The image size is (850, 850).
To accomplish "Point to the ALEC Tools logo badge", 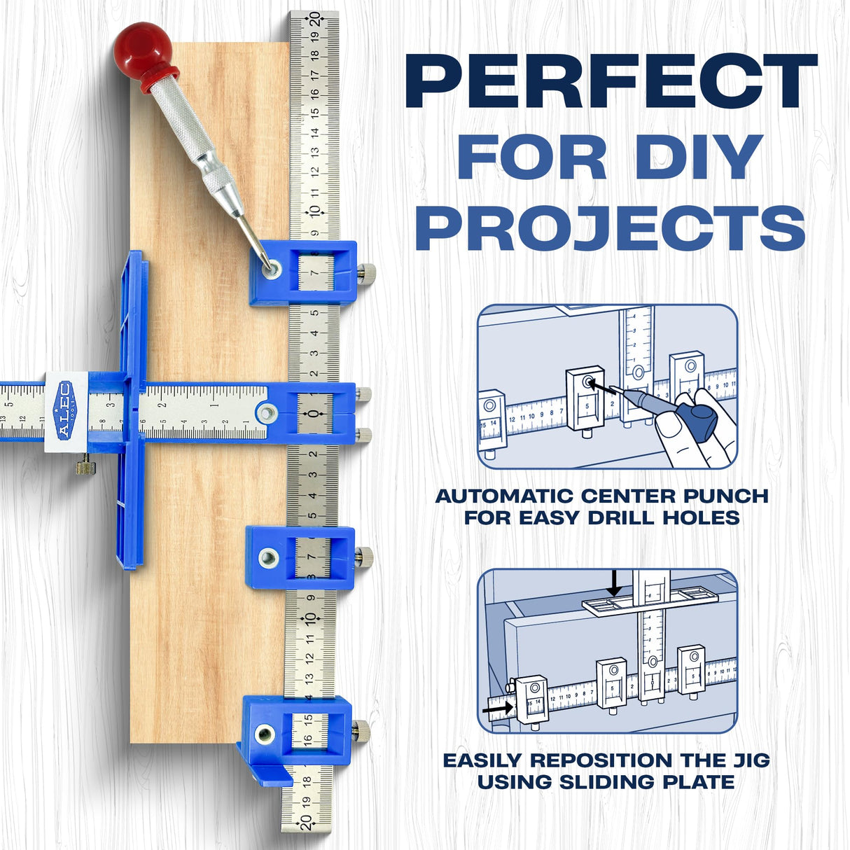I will coord(65,410).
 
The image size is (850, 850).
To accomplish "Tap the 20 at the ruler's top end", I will coord(314,20).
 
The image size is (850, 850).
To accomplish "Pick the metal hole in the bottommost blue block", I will coord(264,734).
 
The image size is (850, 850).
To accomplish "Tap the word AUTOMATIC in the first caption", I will coord(507,496).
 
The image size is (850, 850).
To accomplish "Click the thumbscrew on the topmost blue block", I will coord(369,274).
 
